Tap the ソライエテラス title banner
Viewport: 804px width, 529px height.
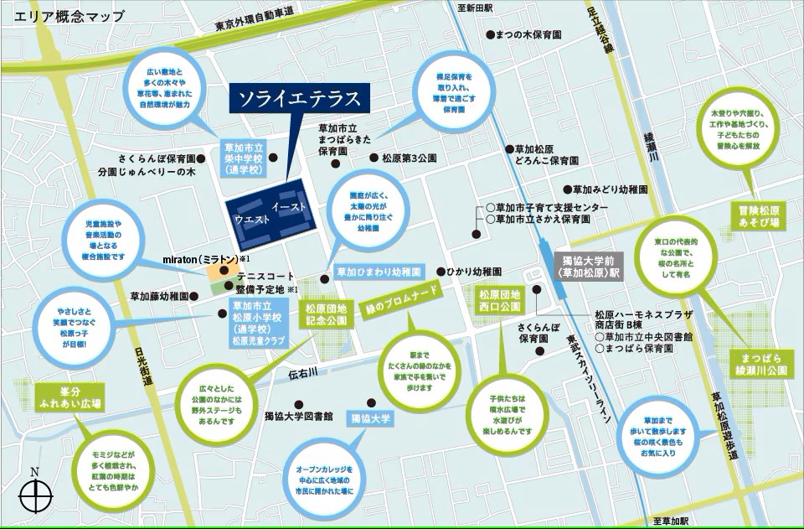pyautogui.click(x=299, y=99)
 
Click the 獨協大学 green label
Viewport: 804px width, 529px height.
pyautogui.click(x=371, y=417)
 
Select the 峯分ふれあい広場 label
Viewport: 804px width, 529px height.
pyautogui.click(x=70, y=397)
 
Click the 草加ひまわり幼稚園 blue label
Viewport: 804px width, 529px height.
pyautogui.click(x=377, y=272)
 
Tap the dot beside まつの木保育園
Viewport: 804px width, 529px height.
pyautogui.click(x=489, y=36)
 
